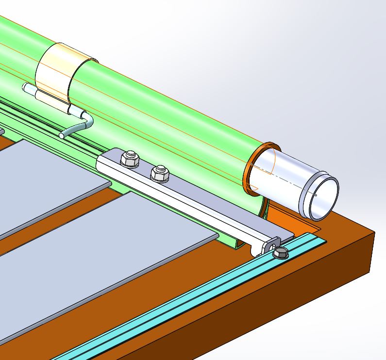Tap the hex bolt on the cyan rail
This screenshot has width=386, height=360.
point(280,253)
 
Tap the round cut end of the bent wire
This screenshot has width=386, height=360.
point(62,135)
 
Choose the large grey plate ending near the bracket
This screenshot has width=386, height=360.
point(121,252)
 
